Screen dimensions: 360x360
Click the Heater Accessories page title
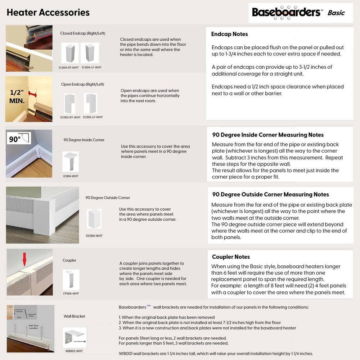tap(48, 12)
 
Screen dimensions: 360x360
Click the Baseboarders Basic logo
tap(298, 12)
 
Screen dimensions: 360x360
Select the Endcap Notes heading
tap(229, 34)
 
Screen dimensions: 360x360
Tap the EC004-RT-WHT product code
tap(69, 67)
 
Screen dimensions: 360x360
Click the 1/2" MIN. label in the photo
tap(17, 96)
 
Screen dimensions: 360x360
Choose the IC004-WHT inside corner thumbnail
tap(70, 162)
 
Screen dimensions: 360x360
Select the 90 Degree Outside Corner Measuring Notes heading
tap(270, 194)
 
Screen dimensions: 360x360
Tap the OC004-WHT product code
tap(94, 236)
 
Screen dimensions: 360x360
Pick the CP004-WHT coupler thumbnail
tap(71, 280)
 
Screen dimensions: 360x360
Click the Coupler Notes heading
tap(231, 257)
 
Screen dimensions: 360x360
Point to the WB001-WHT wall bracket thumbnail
tap(75, 337)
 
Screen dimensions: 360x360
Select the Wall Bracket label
tap(74, 316)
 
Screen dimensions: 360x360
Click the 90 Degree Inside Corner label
tap(84, 140)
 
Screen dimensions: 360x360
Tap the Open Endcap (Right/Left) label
tap(82, 84)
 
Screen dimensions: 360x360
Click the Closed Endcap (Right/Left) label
tap(82, 33)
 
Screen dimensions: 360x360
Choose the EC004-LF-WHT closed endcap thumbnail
tap(90, 53)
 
